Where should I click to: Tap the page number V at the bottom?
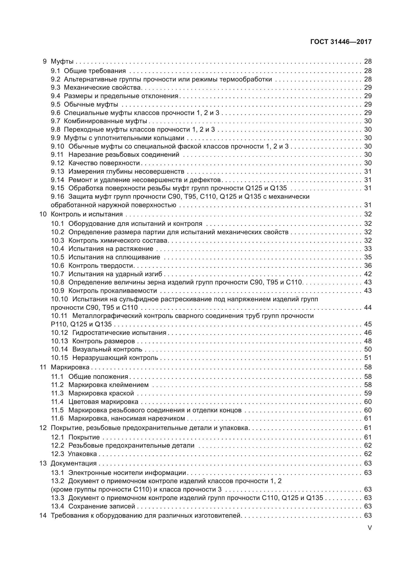(369, 528)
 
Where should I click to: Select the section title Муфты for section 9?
(62, 61)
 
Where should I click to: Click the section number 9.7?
(55, 121)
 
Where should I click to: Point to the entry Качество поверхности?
(104, 163)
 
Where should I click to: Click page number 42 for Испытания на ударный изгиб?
(368, 274)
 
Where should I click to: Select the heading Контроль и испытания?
(87, 214)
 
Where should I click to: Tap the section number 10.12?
(59, 333)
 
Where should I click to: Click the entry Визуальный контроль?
(107, 349)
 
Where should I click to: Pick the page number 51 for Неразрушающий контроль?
(368, 358)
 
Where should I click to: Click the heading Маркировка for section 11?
(70, 367)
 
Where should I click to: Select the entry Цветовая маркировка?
(103, 402)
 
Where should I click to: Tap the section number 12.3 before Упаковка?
(57, 454)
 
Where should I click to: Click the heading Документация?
(74, 463)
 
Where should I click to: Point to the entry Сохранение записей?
(102, 506)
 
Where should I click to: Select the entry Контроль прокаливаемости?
(113, 291)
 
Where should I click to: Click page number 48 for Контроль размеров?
(368, 341)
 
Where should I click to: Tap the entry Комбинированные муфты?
(105, 121)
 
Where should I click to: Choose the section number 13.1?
(57, 473)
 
